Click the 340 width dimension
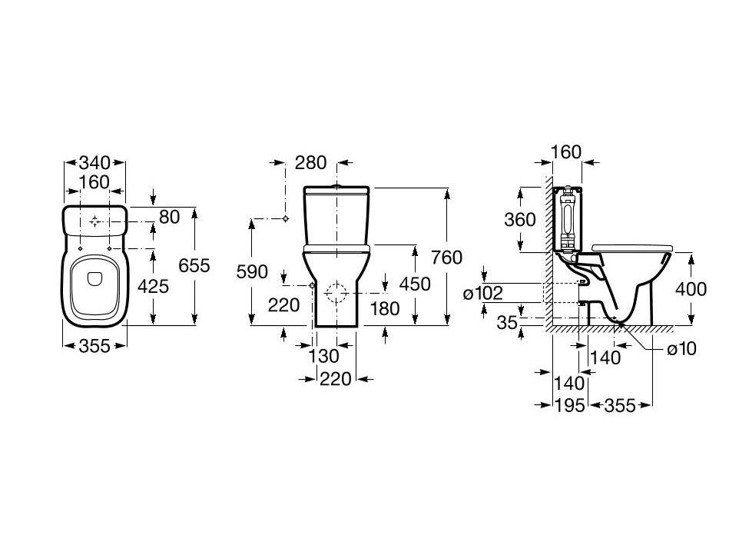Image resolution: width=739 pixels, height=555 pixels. pyautogui.click(x=94, y=163)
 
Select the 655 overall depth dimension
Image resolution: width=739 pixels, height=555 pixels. pyautogui.click(x=194, y=266)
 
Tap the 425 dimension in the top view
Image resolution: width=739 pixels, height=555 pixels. pyautogui.click(x=153, y=286)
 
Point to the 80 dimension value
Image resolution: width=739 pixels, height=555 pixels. pyautogui.click(x=170, y=217)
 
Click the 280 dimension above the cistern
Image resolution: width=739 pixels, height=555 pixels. pyautogui.click(x=310, y=163)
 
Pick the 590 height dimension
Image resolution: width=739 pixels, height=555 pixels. pyautogui.click(x=252, y=271)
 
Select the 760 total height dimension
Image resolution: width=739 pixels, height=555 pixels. pyautogui.click(x=447, y=258)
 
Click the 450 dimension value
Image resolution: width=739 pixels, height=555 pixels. pyautogui.click(x=415, y=284)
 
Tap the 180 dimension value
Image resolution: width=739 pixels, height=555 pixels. pyautogui.click(x=385, y=309)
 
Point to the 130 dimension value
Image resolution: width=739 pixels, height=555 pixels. pyautogui.click(x=323, y=356)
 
